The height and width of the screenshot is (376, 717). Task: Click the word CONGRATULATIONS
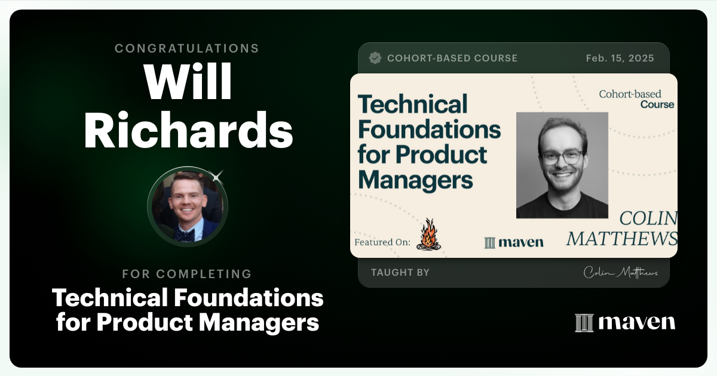click(187, 48)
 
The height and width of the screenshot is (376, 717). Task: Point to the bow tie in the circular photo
click(185, 235)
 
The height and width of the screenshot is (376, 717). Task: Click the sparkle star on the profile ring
click(217, 175)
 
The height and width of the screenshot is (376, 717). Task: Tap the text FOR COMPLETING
click(187, 275)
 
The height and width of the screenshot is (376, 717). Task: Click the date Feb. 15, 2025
click(620, 58)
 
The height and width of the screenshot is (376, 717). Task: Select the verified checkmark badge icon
click(375, 58)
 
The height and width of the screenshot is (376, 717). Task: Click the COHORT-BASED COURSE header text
click(452, 58)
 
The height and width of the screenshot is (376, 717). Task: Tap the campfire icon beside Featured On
click(428, 234)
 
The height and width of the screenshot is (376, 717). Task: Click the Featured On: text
click(382, 242)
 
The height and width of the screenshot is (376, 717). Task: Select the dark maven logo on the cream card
click(514, 242)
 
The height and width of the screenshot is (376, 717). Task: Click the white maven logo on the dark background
click(625, 322)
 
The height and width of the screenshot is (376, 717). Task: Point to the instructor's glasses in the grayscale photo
click(562, 157)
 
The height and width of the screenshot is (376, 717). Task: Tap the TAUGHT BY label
click(400, 273)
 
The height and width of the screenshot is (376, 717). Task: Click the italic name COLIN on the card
click(648, 218)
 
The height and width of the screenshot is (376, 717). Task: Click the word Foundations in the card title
click(429, 129)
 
